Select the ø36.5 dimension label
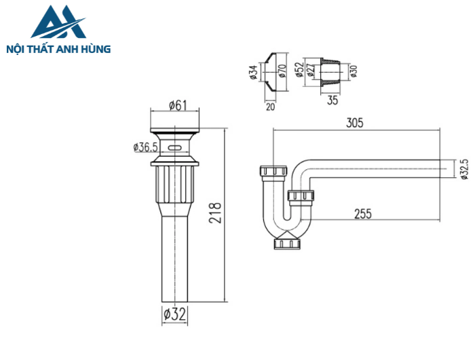point(146,147)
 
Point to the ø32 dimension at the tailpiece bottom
point(174,314)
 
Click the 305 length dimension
point(354,122)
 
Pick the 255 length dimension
point(363,213)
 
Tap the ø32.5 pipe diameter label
point(463,170)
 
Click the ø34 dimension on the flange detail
point(252,71)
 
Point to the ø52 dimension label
point(299,70)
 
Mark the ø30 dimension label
point(353,71)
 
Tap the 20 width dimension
point(271,106)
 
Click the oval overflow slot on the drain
point(176,146)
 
